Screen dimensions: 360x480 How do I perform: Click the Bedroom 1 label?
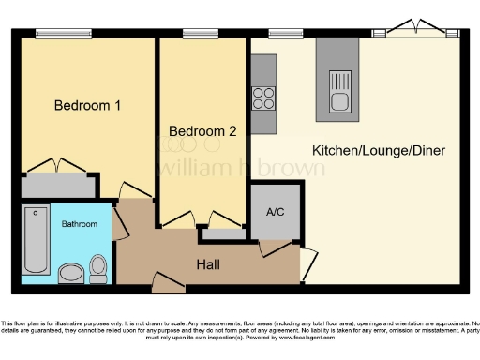[86, 105]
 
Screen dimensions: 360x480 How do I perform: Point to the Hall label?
[208, 265]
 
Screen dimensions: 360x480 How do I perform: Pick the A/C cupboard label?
[277, 211]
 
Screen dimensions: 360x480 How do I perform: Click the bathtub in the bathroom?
[36, 239]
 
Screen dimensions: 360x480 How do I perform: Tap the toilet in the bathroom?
[98, 268]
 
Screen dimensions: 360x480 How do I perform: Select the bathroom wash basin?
[70, 274]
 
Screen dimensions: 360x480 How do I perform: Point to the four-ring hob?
[263, 97]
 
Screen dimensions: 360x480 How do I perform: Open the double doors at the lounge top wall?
[413, 28]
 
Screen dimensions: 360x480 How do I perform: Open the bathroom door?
[119, 223]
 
